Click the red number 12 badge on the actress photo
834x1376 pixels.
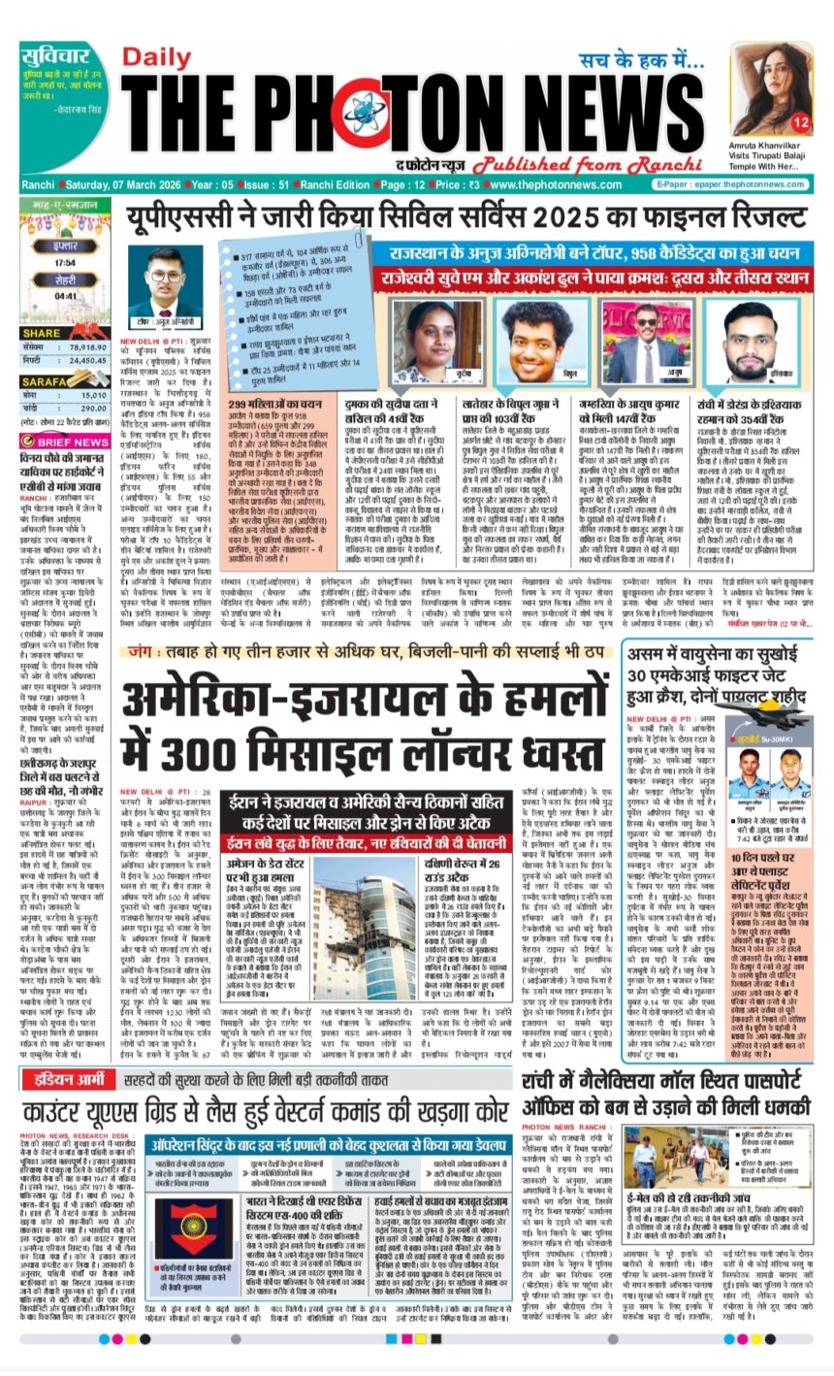click(800, 123)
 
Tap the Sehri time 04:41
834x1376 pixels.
click(67, 297)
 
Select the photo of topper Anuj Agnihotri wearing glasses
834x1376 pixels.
click(166, 282)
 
